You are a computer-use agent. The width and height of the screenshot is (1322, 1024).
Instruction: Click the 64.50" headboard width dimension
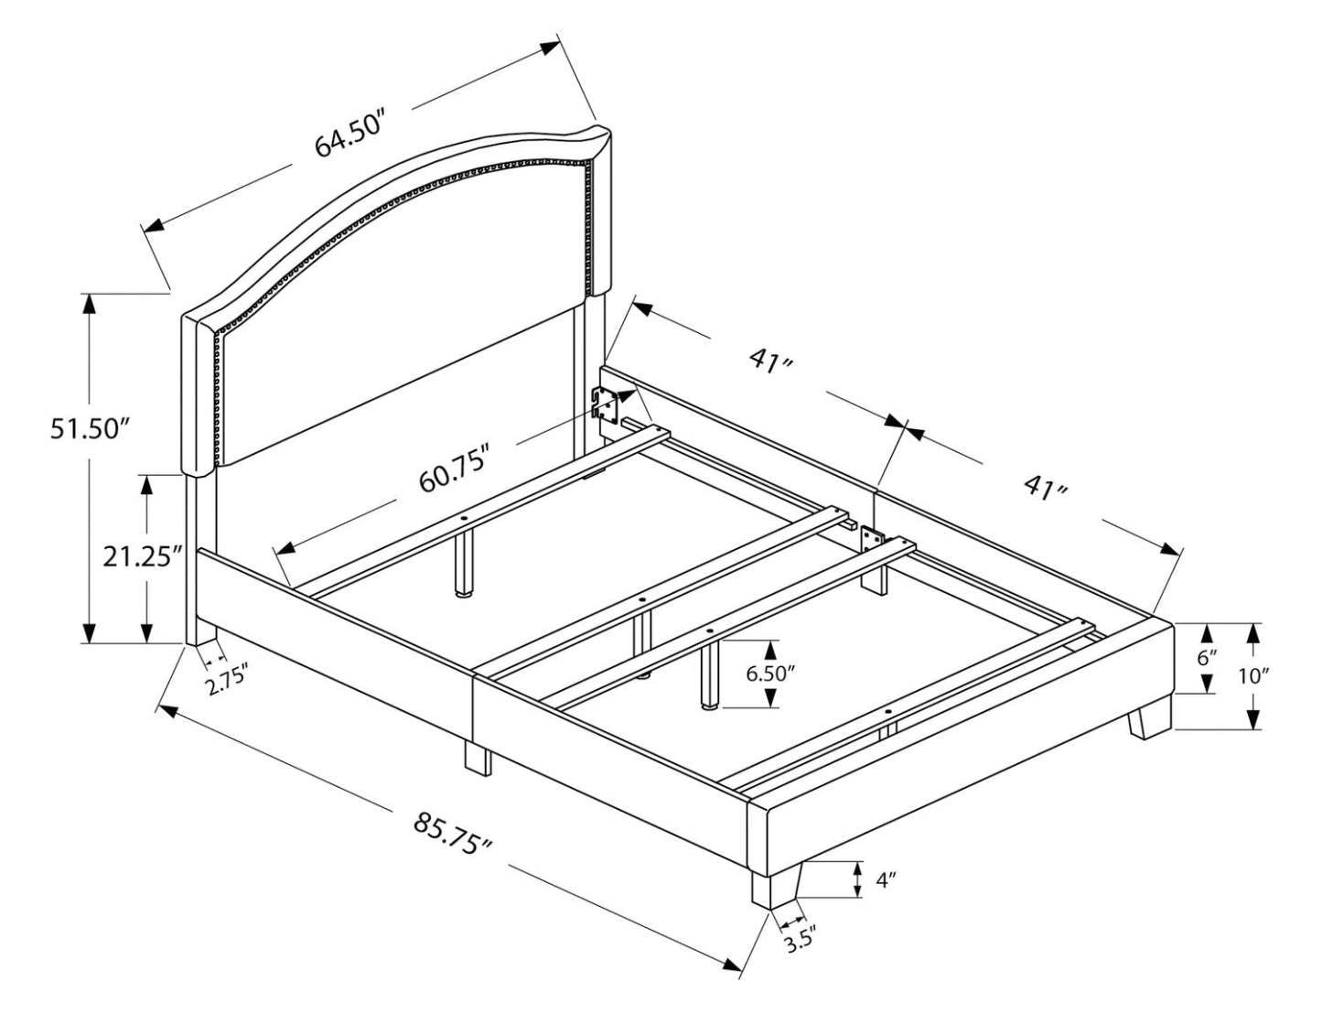point(350,135)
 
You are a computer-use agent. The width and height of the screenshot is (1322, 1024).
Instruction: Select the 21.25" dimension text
point(143,556)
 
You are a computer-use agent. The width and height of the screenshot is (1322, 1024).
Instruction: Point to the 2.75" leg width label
point(227,682)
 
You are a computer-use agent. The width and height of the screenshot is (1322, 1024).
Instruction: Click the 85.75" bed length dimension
point(453,834)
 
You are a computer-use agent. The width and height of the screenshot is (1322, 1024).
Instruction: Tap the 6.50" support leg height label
point(770,674)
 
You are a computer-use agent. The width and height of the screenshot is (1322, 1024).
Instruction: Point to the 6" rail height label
point(1207,658)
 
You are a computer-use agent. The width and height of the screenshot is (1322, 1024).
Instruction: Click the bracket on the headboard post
point(605,404)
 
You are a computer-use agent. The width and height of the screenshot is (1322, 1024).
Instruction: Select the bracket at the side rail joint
point(871,539)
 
